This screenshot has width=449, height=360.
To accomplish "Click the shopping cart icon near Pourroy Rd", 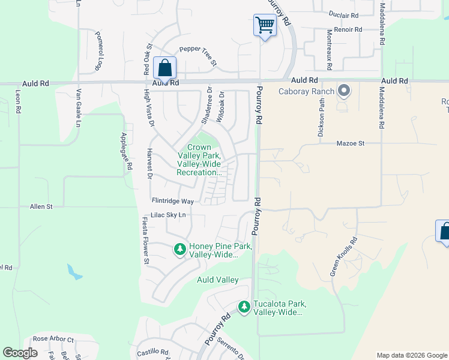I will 265,26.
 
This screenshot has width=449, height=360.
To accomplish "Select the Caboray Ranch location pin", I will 344,91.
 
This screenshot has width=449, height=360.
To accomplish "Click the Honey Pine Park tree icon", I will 179,248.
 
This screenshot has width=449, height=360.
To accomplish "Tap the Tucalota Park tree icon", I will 244,307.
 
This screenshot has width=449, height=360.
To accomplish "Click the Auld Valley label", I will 218,280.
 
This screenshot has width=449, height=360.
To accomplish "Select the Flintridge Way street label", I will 172,202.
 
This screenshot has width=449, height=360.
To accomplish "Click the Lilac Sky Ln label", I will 169,215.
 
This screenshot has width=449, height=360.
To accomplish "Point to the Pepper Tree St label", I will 197,56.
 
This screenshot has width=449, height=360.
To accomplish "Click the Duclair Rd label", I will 343,15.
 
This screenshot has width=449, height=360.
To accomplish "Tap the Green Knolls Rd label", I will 343,257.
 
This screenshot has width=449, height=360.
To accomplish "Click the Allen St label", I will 41,206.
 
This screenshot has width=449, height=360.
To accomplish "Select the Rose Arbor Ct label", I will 53,340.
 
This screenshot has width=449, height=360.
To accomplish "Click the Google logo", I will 20,353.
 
